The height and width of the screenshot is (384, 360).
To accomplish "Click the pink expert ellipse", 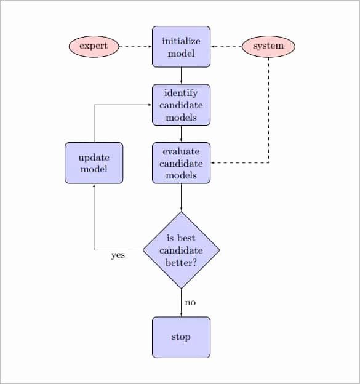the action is click(x=94, y=47).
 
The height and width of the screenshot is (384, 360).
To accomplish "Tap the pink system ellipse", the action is click(x=268, y=47).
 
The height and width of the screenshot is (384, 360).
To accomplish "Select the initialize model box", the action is click(x=181, y=47).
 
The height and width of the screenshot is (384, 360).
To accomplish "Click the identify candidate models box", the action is click(x=181, y=105).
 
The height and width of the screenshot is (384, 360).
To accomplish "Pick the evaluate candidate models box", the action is click(x=181, y=163).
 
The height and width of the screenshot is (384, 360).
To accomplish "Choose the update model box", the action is click(x=94, y=163).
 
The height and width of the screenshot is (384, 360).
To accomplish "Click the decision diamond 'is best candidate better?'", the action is click(x=181, y=250).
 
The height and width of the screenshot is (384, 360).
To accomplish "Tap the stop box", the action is click(x=181, y=337).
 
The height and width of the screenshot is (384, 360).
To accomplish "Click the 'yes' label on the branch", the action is click(x=118, y=255).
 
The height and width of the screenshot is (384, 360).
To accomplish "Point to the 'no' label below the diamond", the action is click(x=190, y=302).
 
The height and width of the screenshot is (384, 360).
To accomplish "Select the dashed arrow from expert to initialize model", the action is click(x=135, y=47).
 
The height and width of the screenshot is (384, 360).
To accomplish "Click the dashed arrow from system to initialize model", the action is click(x=226, y=47).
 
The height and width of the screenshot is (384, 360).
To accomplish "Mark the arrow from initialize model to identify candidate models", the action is click(x=181, y=76).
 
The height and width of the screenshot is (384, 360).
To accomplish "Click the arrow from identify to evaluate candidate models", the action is click(x=181, y=134).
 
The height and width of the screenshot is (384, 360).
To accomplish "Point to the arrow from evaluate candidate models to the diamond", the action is click(x=181, y=198).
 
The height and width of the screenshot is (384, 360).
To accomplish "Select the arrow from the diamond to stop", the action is click(x=181, y=303).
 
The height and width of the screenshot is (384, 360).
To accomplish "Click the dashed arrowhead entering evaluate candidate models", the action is click(x=212, y=163).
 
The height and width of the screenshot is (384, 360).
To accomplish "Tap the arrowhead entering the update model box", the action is click(x=94, y=185).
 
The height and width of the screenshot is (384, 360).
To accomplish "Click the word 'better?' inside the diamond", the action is click(x=181, y=263).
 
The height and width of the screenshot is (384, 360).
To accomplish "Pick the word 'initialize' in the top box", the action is click(x=181, y=41).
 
